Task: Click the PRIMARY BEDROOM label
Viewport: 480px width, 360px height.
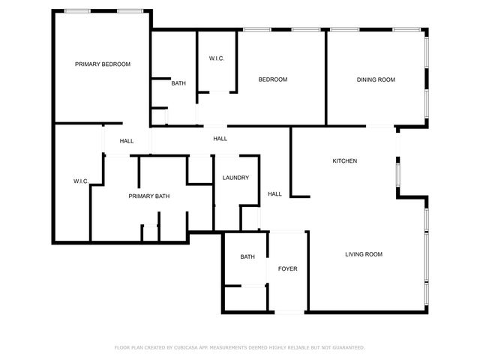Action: point(103,64)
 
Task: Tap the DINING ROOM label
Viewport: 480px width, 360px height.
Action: point(376,79)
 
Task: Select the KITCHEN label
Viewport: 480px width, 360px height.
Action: point(345,161)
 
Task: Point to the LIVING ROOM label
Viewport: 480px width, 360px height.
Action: point(364,254)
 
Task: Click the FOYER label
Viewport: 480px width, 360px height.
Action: point(288,268)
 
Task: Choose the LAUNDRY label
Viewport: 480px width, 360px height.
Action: point(235,178)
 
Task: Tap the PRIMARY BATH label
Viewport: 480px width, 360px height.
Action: point(149,196)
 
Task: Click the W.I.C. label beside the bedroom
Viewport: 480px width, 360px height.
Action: point(217,58)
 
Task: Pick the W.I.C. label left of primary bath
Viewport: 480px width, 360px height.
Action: point(81,181)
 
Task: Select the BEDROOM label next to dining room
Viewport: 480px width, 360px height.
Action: point(273,79)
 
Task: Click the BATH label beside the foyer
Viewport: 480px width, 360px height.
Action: point(247,257)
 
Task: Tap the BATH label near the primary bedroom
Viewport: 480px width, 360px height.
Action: point(178,83)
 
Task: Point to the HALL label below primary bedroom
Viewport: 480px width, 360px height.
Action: point(127,141)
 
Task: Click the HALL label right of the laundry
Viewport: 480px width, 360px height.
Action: point(275,194)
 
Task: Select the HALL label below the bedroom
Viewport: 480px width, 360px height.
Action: point(220,139)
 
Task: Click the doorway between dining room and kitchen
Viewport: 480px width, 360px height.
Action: point(381,126)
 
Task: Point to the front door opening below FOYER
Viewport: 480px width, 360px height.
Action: point(288,312)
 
